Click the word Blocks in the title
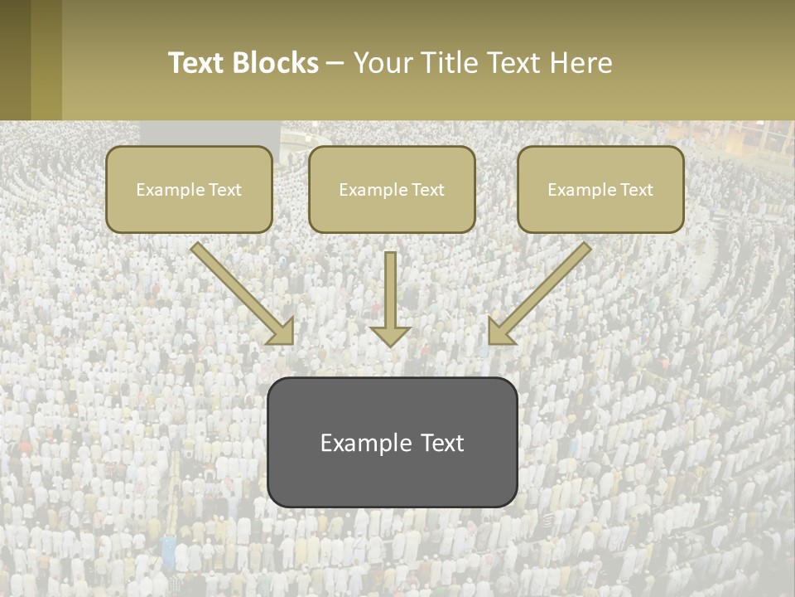[277, 63]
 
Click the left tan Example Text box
[189, 189]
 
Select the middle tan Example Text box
[392, 189]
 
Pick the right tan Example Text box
[600, 189]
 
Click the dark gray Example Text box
[392, 442]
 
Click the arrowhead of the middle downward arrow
[390, 336]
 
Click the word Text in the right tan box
[636, 190]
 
